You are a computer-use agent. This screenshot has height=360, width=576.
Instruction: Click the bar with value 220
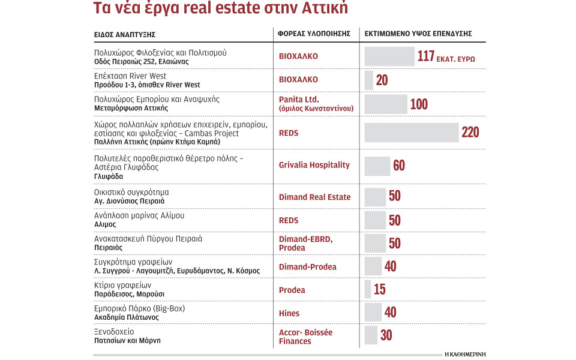[x=411, y=133]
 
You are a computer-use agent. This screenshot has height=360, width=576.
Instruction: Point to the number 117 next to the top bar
[x=425, y=56]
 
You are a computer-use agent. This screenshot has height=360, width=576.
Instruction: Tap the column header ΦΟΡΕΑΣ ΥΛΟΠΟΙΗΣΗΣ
[x=314, y=34]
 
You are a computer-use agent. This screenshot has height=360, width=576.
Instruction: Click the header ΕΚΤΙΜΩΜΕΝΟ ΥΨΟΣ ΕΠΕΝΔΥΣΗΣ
[x=418, y=34]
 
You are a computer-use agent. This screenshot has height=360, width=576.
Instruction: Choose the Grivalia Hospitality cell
[x=314, y=165]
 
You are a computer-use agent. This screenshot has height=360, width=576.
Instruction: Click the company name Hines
[x=289, y=313]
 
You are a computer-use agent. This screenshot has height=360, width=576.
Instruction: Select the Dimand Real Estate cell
[x=314, y=197]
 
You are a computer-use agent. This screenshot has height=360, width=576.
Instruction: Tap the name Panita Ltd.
[x=299, y=99]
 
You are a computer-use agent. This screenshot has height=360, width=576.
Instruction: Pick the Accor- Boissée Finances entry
[x=305, y=337]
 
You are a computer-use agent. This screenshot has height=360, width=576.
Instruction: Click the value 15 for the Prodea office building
[x=380, y=290]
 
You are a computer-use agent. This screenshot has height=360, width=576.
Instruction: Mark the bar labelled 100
[x=386, y=104]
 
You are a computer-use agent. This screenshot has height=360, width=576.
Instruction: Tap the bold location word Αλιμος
[x=105, y=224]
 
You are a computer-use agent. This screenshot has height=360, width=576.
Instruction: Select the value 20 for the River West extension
[x=382, y=80]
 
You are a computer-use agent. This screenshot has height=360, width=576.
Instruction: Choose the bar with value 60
[x=377, y=166]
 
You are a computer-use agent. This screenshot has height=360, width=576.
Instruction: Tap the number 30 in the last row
[x=386, y=335]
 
